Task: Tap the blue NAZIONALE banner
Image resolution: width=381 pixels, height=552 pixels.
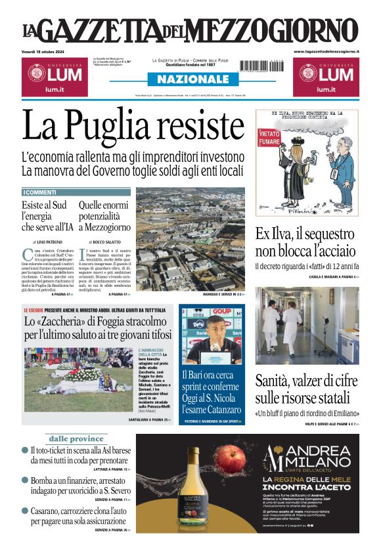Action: tap(190, 79)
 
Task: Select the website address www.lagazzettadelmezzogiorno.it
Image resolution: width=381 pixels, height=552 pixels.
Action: tap(326, 51)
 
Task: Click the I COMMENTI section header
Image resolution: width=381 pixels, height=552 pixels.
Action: tap(41, 192)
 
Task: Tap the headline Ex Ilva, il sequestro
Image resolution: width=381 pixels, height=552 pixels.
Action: tap(306, 234)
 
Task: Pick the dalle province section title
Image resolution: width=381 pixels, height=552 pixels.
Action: tap(77, 438)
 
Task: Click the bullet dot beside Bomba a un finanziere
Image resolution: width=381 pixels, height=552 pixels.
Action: tap(25, 480)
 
